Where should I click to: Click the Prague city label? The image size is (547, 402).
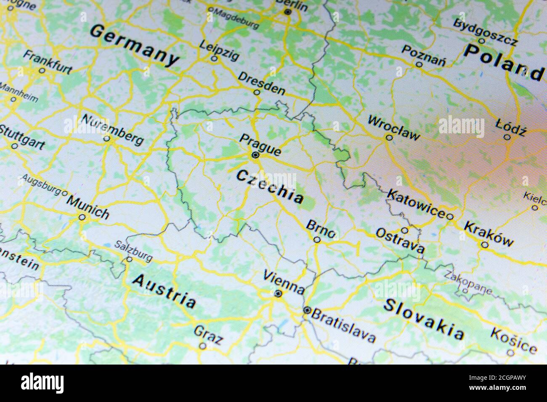tap(260, 144)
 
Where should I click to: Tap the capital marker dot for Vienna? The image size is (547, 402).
tap(278, 294)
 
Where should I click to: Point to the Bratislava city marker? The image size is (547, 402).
tap(307, 311)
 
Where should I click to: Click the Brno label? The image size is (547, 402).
tap(321, 229)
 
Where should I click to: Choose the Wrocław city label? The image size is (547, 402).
tap(393, 127)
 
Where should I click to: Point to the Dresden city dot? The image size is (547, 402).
tap(257, 92)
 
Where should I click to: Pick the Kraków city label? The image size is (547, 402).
tap(489, 233)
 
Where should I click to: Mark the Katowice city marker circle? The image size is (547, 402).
tap(449, 216)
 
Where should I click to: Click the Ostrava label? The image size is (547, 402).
tap(400, 240)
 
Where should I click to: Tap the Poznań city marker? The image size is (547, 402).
tap(419, 64)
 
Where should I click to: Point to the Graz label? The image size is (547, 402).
tap(208, 335)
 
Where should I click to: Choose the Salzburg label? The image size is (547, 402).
tap(133, 251)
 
